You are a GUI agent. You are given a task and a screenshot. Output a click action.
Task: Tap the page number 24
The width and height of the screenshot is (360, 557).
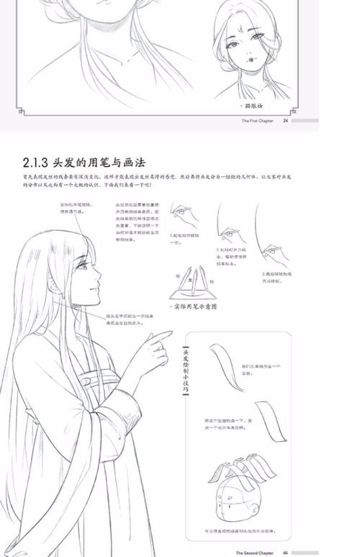click(286, 120)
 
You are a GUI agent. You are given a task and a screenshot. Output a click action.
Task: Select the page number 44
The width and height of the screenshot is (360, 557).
click(286, 552)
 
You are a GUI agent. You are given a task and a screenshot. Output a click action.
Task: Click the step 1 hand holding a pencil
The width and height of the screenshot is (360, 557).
click(184, 214)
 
